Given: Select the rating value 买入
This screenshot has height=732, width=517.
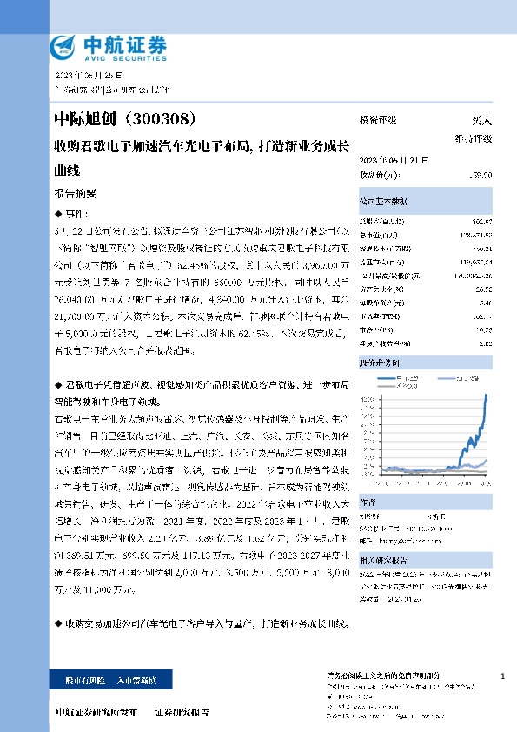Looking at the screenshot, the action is coord(481,121).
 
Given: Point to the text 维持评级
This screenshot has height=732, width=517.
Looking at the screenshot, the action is coord(474,138).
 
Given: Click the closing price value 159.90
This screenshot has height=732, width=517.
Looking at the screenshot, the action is coord(480,175).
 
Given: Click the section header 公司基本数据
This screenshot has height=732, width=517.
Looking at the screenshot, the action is coord(382,201).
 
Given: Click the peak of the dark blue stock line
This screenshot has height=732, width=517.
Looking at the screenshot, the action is coord(486,396).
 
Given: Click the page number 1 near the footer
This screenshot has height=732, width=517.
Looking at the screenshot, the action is coord(503,675).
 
